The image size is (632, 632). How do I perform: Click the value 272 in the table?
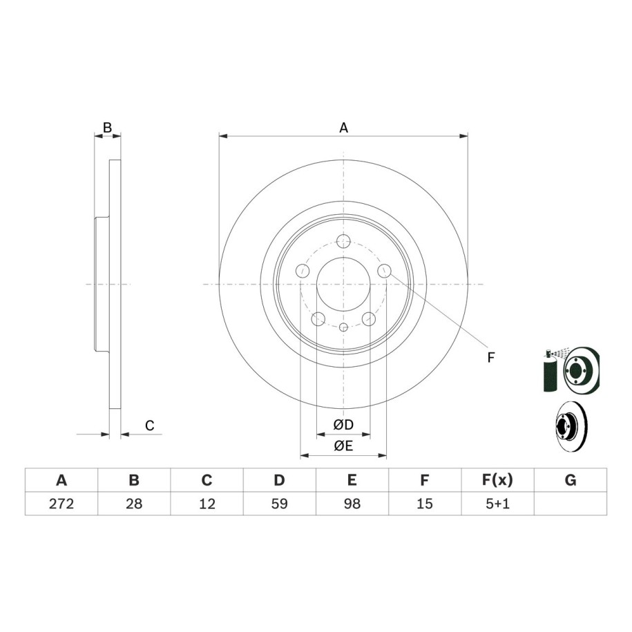coord(61,504)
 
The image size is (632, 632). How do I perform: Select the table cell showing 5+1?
coord(497,504)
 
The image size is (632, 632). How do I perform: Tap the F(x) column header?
coord(497,480)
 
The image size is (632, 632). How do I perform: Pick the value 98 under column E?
coord(352,504)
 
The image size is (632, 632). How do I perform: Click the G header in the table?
coord(571,480)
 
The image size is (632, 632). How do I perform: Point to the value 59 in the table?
coord(279,504)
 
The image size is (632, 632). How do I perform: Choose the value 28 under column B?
coord(134,504)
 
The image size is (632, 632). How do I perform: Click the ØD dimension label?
coord(343,424)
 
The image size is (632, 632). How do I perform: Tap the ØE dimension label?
coord(343,446)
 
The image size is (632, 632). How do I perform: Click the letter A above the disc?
coord(343,128)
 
